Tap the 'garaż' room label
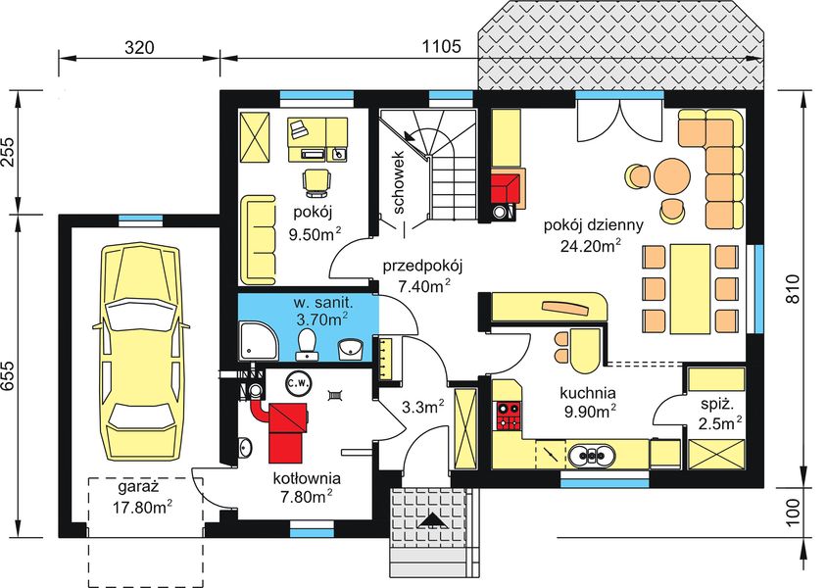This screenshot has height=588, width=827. [138, 487]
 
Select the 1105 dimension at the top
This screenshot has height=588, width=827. [441, 46]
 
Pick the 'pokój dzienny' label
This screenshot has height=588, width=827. [594, 224]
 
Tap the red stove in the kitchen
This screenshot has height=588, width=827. [508, 416]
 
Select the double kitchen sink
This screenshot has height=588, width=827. [594, 456]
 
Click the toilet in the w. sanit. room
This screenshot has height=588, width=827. [307, 343]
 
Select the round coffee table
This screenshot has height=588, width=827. [673, 175]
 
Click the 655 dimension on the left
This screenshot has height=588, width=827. [11, 372]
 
